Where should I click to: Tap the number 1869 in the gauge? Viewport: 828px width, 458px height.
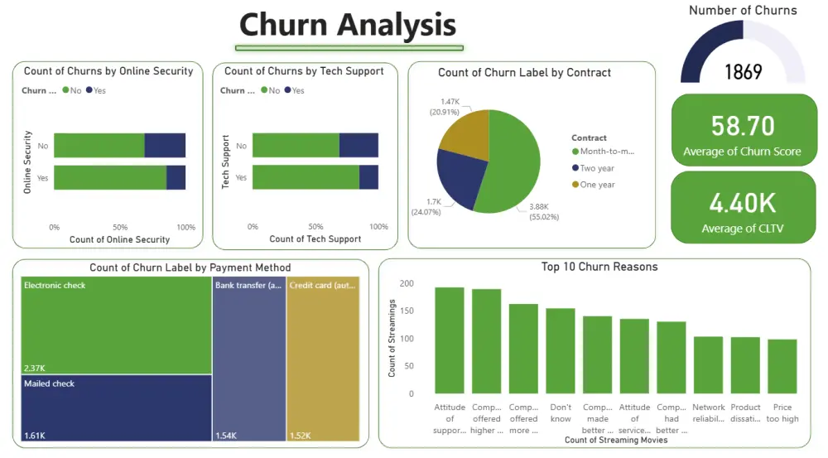[x=743, y=72]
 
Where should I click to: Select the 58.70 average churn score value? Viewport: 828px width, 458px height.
[x=743, y=126]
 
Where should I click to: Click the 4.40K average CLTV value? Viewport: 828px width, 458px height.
[x=742, y=203]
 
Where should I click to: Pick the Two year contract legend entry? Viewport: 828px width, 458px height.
[x=596, y=168]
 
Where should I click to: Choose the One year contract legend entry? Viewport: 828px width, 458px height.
[x=596, y=185]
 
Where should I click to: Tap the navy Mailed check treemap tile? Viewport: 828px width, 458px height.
[x=116, y=407]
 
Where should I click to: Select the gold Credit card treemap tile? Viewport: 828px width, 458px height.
[x=323, y=359]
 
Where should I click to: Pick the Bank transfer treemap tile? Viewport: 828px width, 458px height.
[x=248, y=359]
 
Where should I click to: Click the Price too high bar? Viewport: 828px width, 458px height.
[x=782, y=366]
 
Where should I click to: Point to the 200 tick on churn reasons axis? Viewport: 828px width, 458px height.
[x=406, y=283]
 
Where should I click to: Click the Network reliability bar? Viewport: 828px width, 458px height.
[x=708, y=364]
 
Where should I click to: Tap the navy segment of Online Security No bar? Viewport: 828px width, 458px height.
[x=165, y=145]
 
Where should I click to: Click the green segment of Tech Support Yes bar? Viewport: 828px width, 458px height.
[x=306, y=177]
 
